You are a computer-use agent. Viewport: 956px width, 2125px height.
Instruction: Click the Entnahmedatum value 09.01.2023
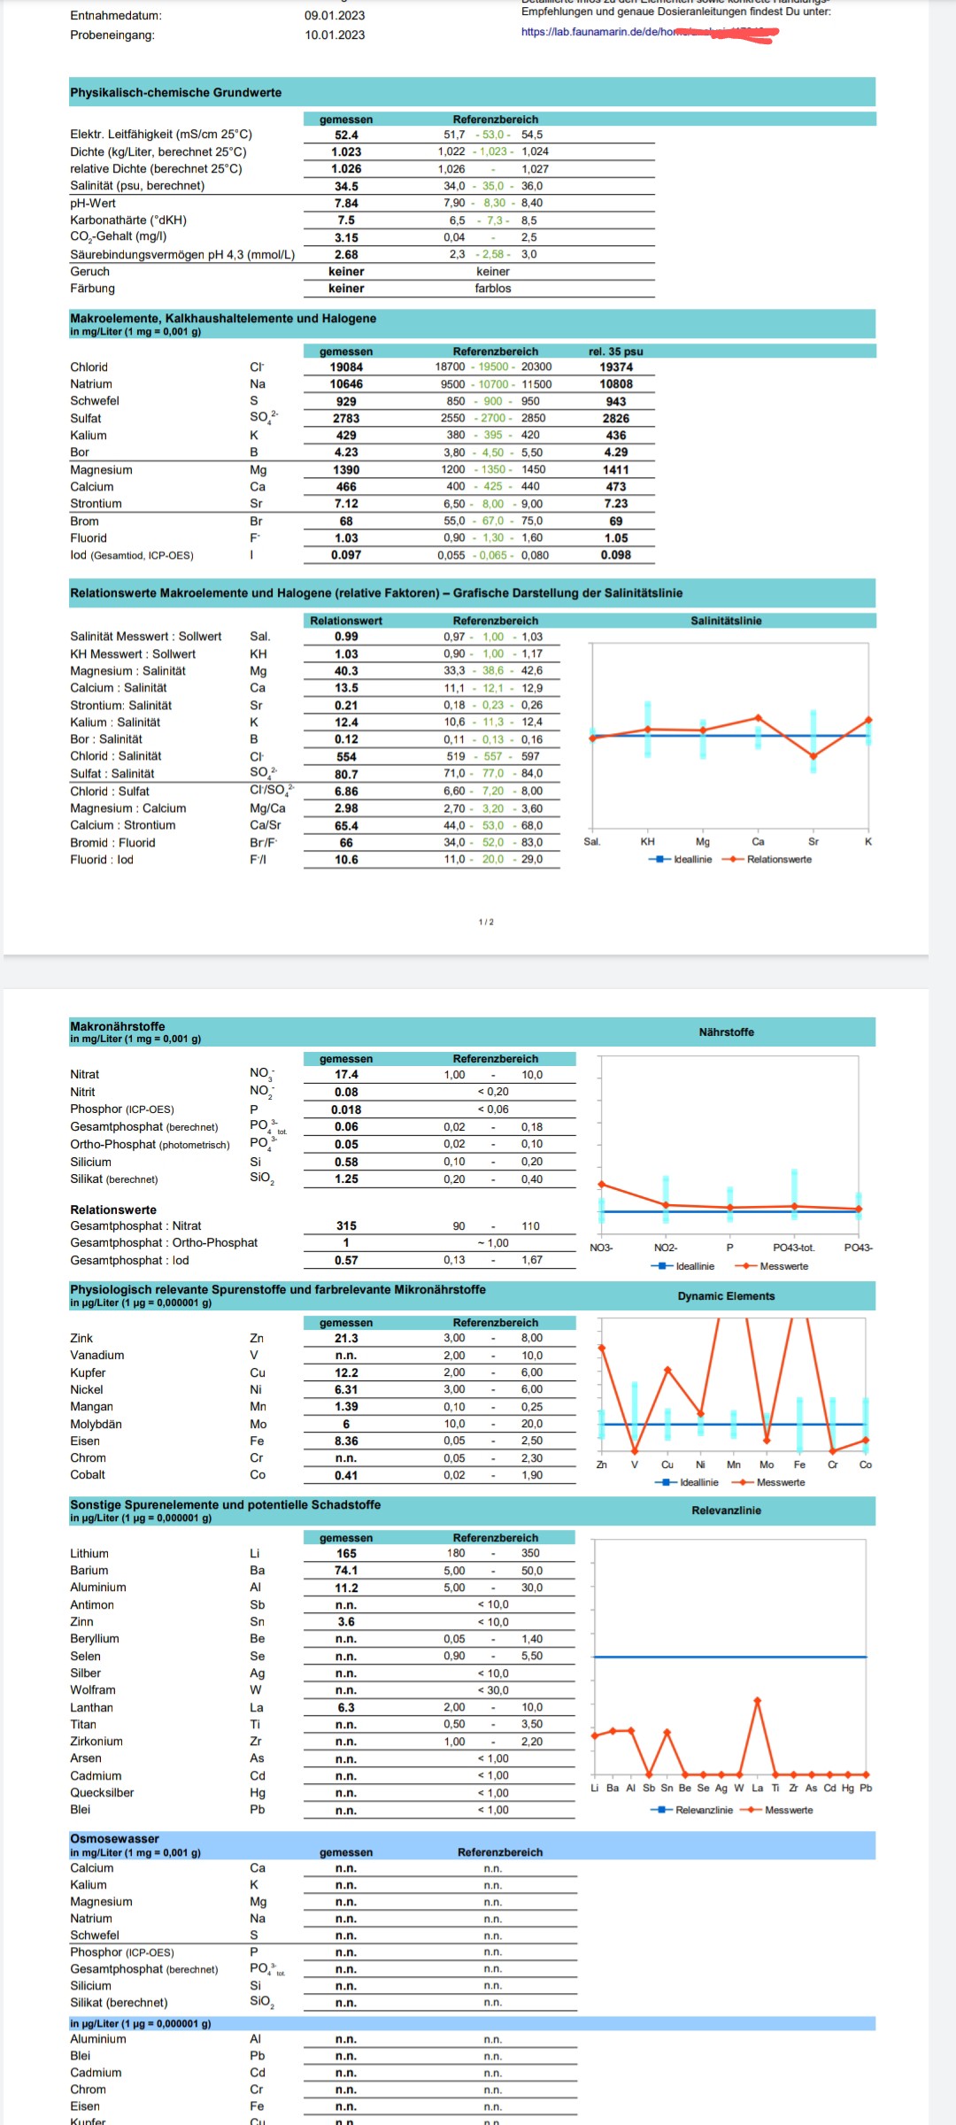pos(335,16)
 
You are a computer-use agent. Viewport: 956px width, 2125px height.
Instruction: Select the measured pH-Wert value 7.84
pos(346,204)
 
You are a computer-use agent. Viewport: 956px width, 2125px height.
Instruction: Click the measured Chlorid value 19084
pos(346,367)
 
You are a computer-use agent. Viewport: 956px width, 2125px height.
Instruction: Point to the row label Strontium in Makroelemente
pos(96,504)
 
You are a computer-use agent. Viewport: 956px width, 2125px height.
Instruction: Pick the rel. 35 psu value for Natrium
pos(616,384)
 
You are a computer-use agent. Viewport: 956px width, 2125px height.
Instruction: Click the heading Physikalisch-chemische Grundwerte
pos(175,93)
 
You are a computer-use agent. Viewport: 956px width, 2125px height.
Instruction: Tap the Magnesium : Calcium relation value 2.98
pos(346,808)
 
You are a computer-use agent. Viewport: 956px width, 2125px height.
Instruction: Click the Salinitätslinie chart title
pos(726,621)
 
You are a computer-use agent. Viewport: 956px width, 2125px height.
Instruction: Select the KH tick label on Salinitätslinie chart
pos(648,842)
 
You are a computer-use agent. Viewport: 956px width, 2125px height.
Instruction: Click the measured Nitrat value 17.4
pos(346,1075)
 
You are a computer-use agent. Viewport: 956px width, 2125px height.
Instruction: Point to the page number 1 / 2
pos(486,923)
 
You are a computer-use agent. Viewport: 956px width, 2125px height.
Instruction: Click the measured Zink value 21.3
pos(346,1339)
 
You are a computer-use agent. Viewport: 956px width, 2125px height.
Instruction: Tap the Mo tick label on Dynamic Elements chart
pos(767,1464)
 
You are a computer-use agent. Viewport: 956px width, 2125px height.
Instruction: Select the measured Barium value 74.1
pos(346,1571)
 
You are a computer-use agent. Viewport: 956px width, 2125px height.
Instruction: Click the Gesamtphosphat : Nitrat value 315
pos(346,1226)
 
